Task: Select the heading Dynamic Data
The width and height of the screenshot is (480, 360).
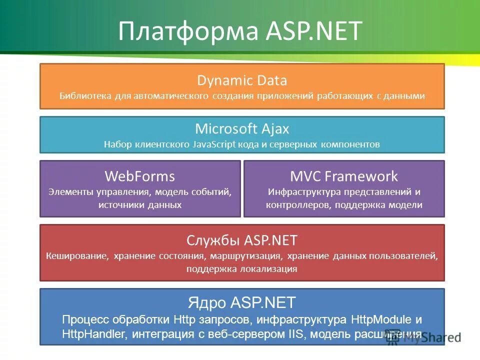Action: [242, 80]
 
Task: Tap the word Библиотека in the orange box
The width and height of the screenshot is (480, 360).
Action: [83, 95]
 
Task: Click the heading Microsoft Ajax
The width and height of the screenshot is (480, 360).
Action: [242, 129]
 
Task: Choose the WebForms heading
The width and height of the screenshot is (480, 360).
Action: [140, 176]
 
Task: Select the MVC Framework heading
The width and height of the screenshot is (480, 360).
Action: [344, 176]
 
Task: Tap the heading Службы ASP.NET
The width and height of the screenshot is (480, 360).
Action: [242, 240]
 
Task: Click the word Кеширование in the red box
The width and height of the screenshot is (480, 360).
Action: [77, 256]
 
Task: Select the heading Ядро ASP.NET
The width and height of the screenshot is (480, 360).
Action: [242, 302]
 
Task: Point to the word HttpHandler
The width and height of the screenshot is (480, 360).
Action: [89, 333]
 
